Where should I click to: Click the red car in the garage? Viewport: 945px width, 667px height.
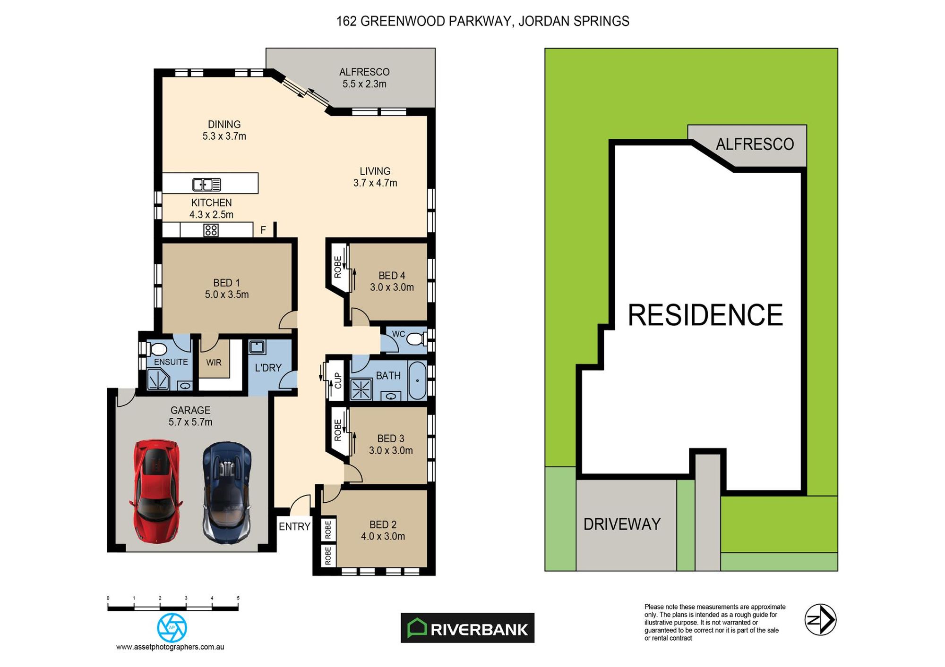click(156, 491)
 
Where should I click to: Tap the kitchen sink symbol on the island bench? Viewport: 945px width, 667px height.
click(206, 184)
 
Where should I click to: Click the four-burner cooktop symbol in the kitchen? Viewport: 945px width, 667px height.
click(211, 230)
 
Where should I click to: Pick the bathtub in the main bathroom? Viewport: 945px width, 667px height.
click(417, 380)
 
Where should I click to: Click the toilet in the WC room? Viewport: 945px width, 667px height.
click(417, 339)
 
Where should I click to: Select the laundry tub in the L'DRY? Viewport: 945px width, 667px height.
click(257, 347)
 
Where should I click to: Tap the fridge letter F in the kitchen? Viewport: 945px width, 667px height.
click(263, 230)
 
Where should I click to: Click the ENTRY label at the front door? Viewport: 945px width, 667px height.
click(294, 526)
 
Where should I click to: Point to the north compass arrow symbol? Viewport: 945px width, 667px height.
click(820, 620)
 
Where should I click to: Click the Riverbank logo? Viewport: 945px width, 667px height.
click(467, 628)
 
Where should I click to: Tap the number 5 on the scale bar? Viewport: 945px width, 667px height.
click(238, 598)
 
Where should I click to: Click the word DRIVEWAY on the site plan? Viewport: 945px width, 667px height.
click(622, 524)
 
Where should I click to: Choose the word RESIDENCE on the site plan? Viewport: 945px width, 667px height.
click(705, 315)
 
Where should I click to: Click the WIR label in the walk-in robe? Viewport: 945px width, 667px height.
click(214, 363)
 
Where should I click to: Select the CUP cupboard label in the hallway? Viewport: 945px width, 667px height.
click(338, 380)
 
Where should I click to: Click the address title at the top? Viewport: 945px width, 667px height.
click(482, 21)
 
